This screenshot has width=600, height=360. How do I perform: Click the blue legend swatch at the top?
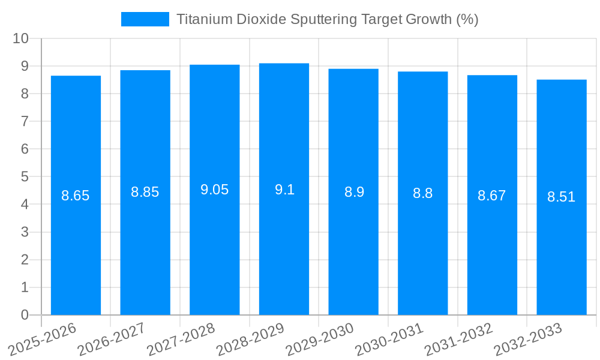(145, 19)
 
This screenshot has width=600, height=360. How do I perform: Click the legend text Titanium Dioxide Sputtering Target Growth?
(327, 19)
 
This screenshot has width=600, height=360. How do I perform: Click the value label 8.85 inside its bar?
(145, 192)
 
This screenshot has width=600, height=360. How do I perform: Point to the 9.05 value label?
(215, 190)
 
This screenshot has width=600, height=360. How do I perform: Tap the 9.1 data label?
(284, 190)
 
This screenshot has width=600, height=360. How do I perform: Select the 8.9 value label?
(354, 192)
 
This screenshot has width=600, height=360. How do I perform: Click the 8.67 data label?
(492, 195)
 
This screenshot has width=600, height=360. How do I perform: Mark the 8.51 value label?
(562, 197)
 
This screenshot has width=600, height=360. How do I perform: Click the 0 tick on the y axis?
(25, 315)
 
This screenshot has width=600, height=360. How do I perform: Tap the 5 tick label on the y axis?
(25, 177)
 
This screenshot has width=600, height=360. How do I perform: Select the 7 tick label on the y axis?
(25, 121)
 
